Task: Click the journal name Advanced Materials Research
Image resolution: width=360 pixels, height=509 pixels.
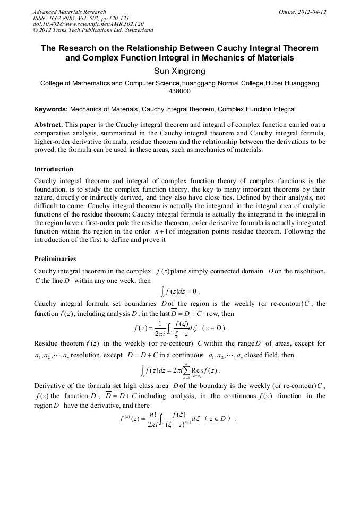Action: pyautogui.click(x=70, y=12)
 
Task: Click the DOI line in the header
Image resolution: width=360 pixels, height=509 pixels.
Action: pyautogui.click(x=88, y=24)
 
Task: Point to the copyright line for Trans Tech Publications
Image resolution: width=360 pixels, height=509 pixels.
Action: pyautogui.click(x=93, y=31)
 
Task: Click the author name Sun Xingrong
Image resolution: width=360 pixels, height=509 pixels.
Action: pyautogui.click(x=179, y=71)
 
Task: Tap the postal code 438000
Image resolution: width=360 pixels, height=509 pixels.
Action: pyautogui.click(x=179, y=91)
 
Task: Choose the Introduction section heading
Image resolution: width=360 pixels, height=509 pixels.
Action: pyautogui.click(x=54, y=169)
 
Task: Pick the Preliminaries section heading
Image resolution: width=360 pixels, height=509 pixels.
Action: pyautogui.click(x=55, y=259)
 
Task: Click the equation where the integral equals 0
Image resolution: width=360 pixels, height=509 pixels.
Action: pyautogui.click(x=179, y=291)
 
